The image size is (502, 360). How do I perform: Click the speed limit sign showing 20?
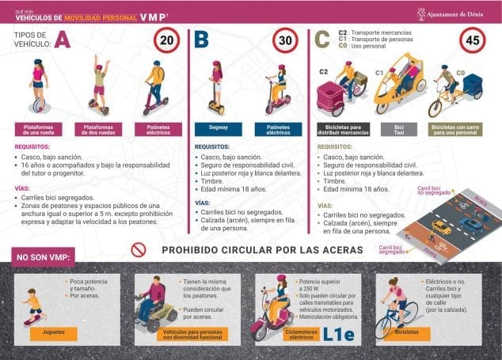click(x=168, y=40)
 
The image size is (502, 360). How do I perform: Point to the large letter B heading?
click(x=202, y=40)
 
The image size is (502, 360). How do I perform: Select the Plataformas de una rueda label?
click(x=39, y=128)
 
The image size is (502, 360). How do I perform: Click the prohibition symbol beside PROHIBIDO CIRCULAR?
click(x=139, y=250)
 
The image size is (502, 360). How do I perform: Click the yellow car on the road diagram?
click(x=442, y=227)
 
